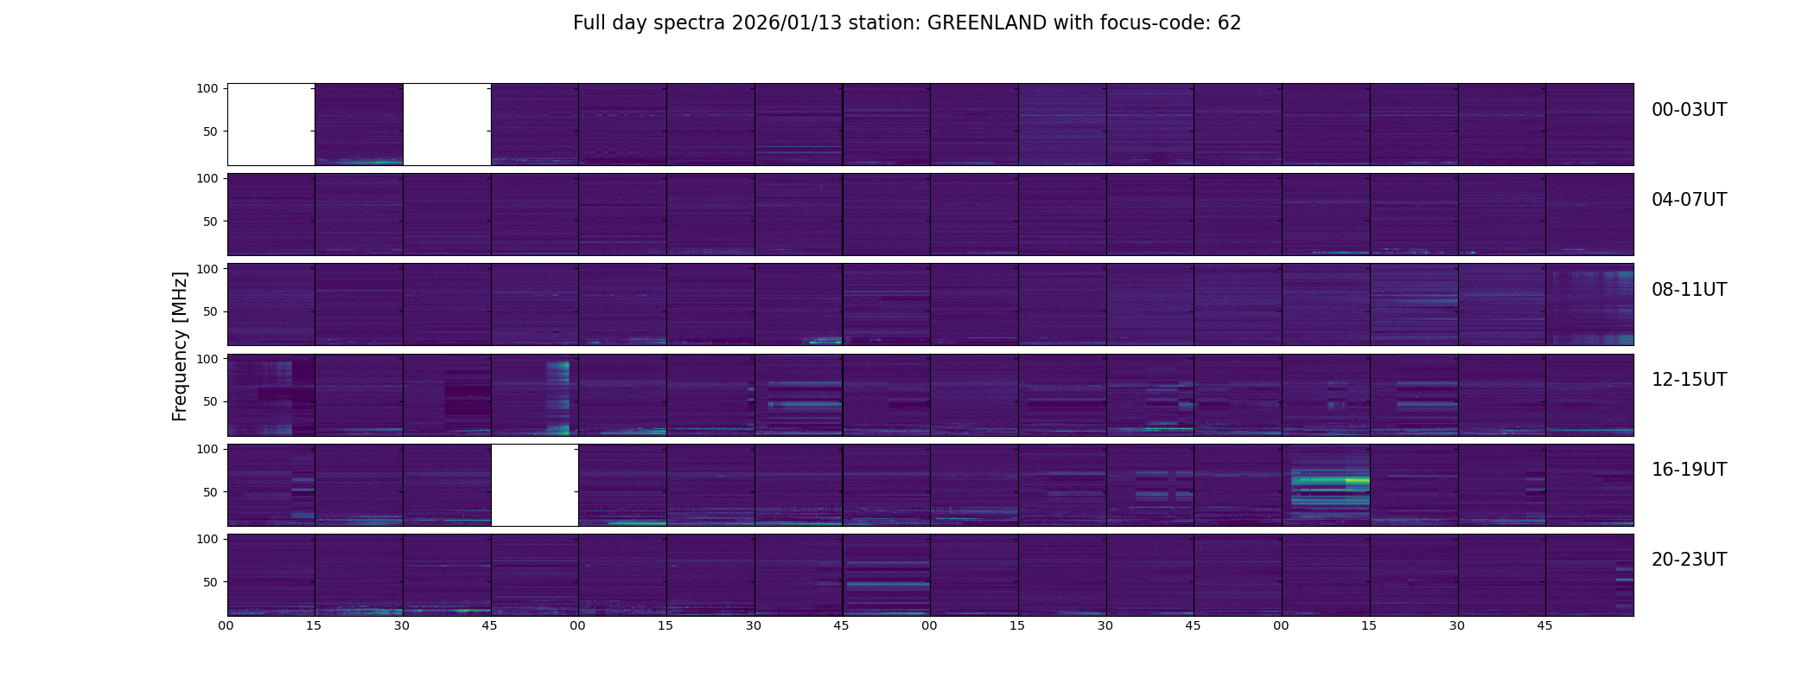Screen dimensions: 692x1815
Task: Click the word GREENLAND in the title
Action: tap(986, 23)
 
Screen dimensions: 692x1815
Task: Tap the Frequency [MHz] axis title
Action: tap(180, 346)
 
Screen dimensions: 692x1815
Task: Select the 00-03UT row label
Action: tap(1689, 110)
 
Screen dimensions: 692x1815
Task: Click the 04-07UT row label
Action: tap(1689, 200)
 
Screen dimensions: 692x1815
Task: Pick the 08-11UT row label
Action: tap(1689, 290)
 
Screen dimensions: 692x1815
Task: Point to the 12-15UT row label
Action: tap(1689, 380)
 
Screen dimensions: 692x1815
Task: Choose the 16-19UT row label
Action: tap(1689, 470)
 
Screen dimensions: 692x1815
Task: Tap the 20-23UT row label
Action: tap(1689, 560)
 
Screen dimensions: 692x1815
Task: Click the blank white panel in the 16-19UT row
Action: tap(535, 485)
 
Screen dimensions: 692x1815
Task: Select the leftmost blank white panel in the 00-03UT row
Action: tap(271, 125)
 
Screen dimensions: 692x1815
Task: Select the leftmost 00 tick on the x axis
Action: tap(226, 625)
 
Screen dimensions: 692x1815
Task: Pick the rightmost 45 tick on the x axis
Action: tap(1544, 625)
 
